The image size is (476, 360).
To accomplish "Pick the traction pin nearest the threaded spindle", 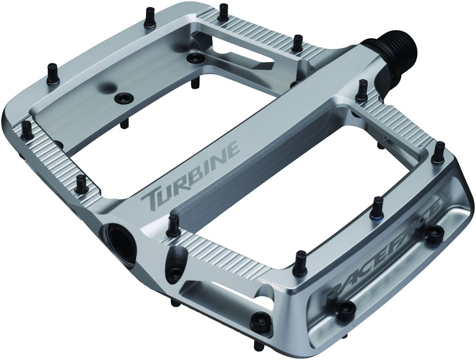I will pyautogui.click(x=363, y=90).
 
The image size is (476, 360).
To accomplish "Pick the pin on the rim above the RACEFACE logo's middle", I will pyautogui.click(x=378, y=204).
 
